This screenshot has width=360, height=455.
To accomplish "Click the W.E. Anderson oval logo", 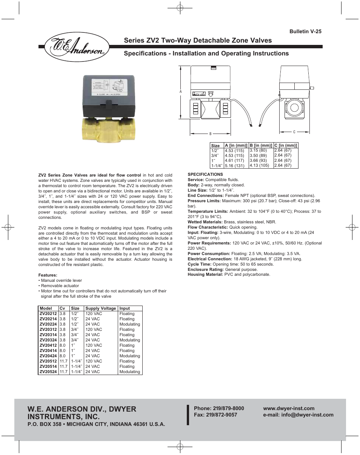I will click(74, 48).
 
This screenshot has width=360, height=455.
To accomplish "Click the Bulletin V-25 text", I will click(305, 32).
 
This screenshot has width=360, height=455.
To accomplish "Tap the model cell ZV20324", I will click(48, 340).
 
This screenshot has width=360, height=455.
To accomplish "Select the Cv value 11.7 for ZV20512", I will click(63, 361).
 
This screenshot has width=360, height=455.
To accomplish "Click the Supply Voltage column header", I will click(100, 308).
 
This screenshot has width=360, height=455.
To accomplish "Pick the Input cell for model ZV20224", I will click(129, 324).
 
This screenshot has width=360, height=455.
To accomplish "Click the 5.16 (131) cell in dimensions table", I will click(234, 166).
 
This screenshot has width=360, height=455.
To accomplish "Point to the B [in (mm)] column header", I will click(261, 145).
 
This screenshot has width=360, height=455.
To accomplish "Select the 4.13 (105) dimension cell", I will click(259, 165).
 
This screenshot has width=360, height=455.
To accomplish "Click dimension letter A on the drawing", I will click(181, 92).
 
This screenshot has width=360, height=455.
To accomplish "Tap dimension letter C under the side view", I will click(294, 132).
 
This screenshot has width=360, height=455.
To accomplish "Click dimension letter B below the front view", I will click(210, 134).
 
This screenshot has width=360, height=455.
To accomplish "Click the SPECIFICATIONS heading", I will click(205, 174).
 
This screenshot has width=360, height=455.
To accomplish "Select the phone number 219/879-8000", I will click(229, 408).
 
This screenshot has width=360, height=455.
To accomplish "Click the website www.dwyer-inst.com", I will click(289, 408).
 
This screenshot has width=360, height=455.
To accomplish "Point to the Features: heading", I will click(48, 275).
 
